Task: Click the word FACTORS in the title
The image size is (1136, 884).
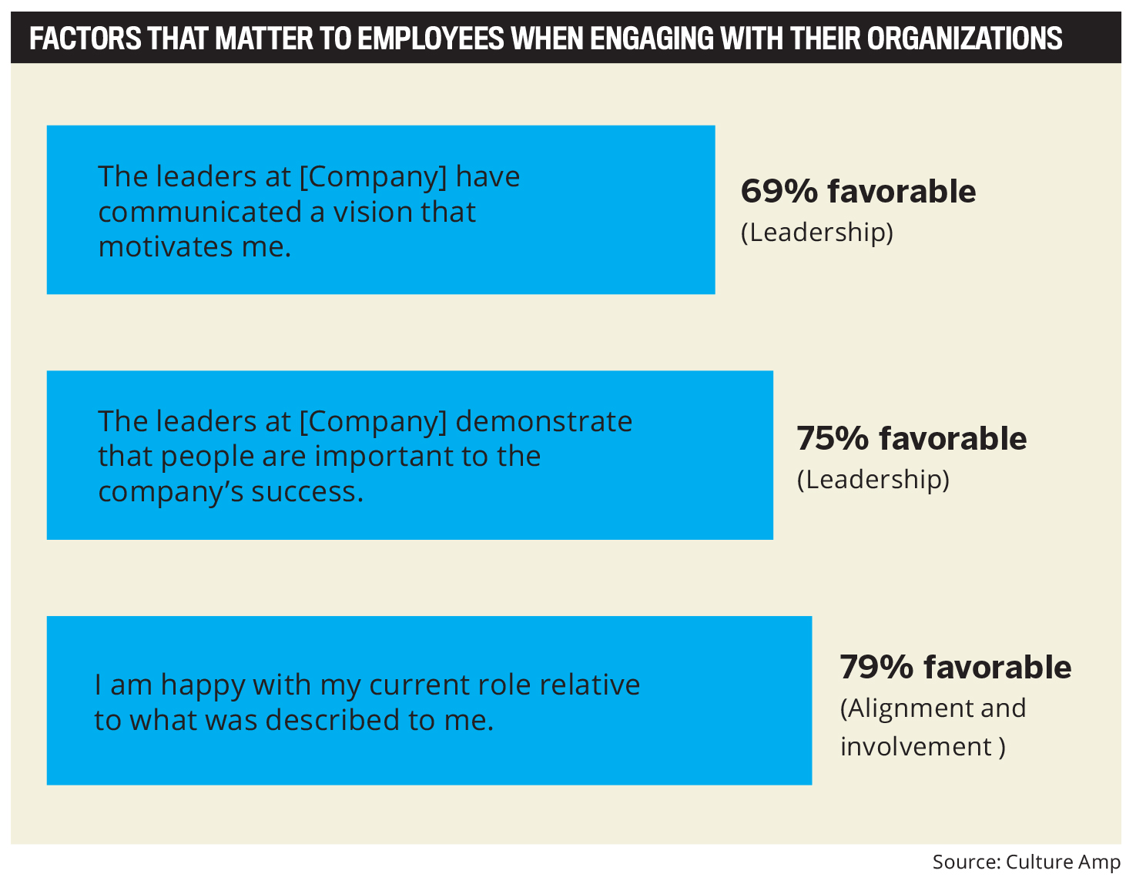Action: [85, 38]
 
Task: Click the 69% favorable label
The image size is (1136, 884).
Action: [858, 191]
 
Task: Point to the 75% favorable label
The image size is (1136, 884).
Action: [911, 438]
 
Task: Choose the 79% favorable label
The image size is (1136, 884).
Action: [955, 667]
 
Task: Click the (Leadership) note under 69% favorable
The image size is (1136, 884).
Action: [817, 232]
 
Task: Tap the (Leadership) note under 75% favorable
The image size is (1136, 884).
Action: [873, 479]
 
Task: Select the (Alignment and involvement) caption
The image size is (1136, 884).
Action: [933, 727]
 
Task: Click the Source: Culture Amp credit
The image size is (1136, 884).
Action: [1026, 862]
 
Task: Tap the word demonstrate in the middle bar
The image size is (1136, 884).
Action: [544, 421]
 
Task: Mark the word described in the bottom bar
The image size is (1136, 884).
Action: [332, 720]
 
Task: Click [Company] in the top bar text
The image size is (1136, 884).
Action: [373, 177]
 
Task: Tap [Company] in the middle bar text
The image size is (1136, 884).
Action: [373, 421]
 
